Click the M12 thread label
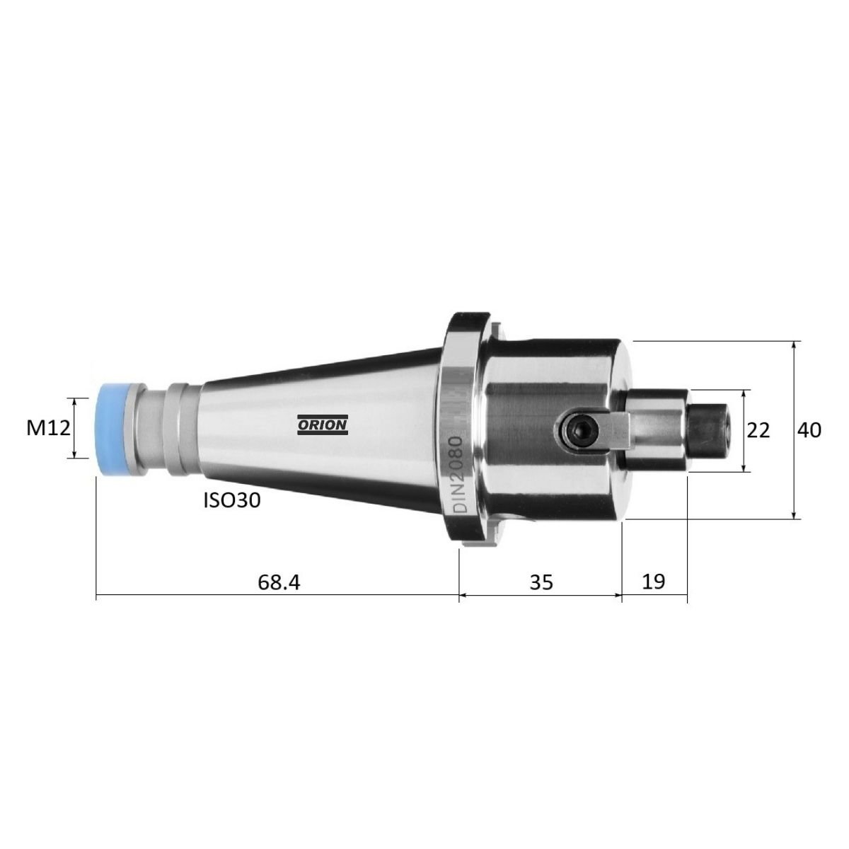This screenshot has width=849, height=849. [x=49, y=428]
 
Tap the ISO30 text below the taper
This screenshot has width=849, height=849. [x=232, y=500]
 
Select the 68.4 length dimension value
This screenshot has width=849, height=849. [x=279, y=582]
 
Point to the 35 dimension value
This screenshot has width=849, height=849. [x=541, y=582]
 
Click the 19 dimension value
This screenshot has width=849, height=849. [x=654, y=582]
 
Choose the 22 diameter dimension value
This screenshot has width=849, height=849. [x=758, y=430]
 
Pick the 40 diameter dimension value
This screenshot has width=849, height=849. [x=809, y=430]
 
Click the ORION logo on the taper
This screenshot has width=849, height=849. [x=323, y=424]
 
